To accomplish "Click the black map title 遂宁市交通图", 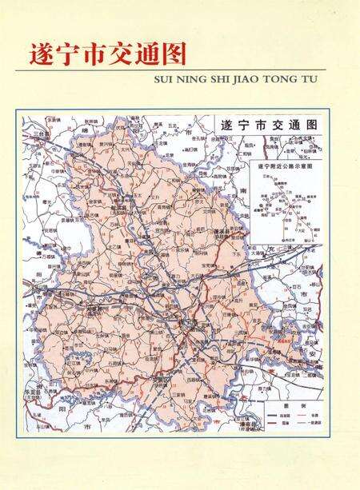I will [x=268, y=126].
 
